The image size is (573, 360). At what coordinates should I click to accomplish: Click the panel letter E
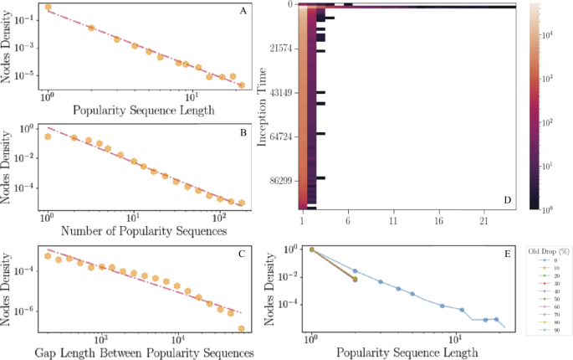(508, 251)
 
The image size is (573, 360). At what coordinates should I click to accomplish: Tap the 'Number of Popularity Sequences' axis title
(144, 232)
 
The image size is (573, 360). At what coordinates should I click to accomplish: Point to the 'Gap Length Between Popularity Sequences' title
(144, 352)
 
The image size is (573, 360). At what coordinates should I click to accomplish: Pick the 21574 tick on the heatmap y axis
(284, 49)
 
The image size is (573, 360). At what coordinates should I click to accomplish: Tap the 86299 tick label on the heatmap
(284, 179)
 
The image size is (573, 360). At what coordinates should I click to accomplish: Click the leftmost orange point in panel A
(48, 8)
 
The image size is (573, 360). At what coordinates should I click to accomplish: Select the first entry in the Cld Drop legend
(548, 260)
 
